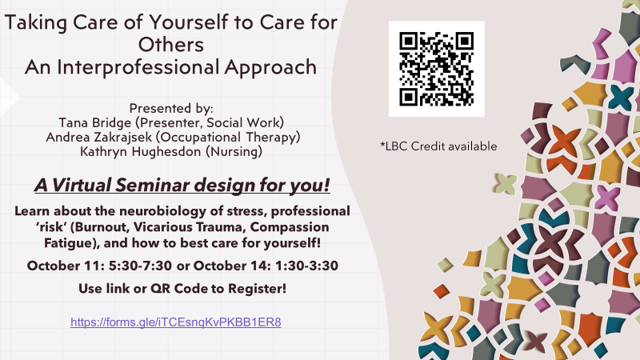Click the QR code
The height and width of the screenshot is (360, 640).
(436, 69)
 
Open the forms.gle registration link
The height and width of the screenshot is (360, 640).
(176, 322)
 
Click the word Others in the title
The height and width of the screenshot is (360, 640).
(171, 45)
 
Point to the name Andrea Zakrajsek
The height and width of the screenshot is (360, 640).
(98, 137)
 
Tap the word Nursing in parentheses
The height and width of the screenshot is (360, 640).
(234, 151)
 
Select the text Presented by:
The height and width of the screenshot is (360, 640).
(171, 108)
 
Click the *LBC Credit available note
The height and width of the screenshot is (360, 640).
(438, 146)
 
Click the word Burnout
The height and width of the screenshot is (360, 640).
(102, 227)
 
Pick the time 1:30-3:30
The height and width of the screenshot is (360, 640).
(306, 266)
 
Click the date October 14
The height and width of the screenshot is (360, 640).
(232, 266)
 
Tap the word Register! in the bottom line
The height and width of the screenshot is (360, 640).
(257, 289)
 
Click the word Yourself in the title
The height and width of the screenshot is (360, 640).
(188, 22)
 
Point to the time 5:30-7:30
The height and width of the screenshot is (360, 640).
(140, 266)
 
